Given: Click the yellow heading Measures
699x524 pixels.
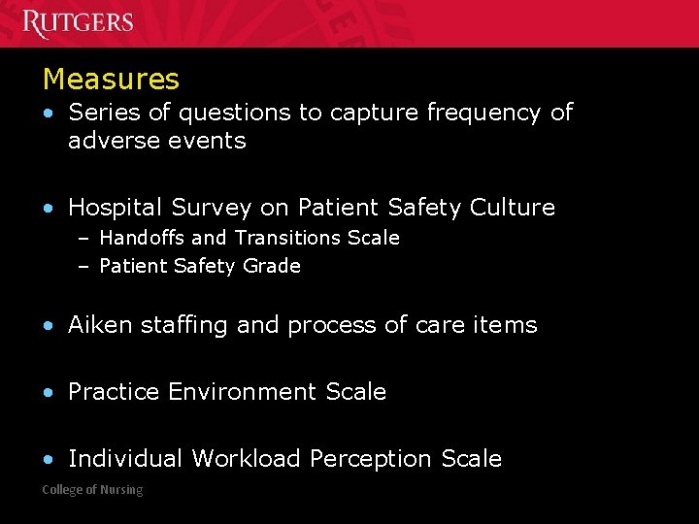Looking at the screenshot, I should pos(111,79).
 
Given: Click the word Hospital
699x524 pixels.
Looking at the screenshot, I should pos(116,208).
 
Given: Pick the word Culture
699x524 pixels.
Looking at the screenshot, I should pos(512,208).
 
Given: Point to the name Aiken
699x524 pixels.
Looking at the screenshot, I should pos(101,325).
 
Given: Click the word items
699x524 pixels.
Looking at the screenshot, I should pos(504,325).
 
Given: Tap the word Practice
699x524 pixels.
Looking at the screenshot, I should pos(114,392).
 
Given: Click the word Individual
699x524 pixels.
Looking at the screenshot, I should pos(125,459).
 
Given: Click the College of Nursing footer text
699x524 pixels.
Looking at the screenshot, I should pos(92,490).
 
